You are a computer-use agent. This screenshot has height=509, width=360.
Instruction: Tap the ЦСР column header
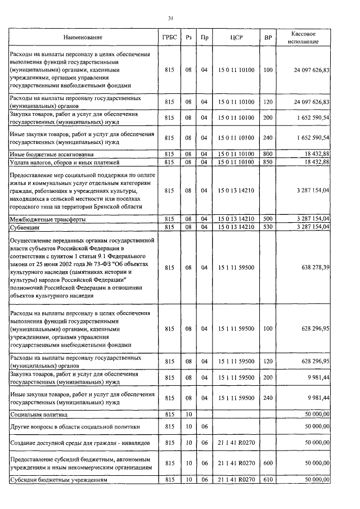pos(236,38)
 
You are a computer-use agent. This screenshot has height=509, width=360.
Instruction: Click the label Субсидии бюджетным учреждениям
pos(60,480)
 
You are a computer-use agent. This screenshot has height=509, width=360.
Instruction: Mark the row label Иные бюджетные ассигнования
pos(51,154)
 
